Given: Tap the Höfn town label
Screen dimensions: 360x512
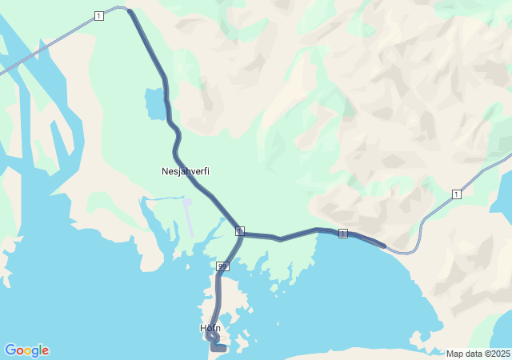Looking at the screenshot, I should click(x=210, y=328).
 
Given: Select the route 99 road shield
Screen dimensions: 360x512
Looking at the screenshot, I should click(x=222, y=266).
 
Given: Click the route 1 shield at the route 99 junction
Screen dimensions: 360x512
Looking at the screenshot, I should click(x=239, y=230).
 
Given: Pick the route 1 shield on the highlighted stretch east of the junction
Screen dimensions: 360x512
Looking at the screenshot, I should click(x=343, y=233).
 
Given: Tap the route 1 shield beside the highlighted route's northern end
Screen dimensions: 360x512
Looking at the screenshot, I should click(x=98, y=16).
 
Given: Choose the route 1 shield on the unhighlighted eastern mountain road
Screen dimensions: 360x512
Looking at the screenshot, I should click(x=456, y=194).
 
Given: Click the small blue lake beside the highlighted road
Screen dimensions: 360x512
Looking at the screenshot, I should click(x=154, y=104).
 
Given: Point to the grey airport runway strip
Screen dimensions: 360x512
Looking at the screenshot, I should click(x=189, y=217).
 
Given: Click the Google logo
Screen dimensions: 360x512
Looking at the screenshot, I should click(x=26, y=350).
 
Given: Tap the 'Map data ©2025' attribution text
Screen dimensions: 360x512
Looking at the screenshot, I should click(x=478, y=354).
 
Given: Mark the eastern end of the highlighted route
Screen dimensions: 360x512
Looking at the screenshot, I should click(x=383, y=246).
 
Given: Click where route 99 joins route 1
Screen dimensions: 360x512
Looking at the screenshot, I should click(x=241, y=234).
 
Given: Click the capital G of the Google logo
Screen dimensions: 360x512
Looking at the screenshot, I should click(x=10, y=350).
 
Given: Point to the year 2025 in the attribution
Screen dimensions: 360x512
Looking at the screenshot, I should click(x=500, y=354).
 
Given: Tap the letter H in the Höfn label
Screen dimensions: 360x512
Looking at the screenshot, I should click(x=203, y=328).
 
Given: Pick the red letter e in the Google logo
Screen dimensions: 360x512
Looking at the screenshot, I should click(x=45, y=351).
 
